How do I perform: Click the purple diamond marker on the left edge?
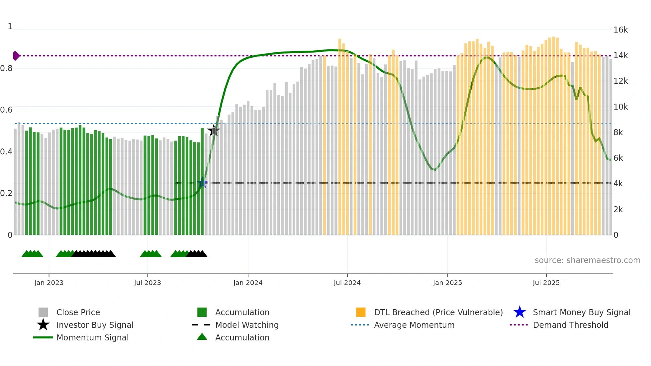click(16, 56)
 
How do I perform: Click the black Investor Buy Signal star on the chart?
click(214, 131)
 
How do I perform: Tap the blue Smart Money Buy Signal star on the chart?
click(202, 183)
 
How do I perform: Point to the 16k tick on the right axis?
click(620, 30)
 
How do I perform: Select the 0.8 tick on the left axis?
click(6, 68)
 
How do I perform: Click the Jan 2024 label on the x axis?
click(248, 283)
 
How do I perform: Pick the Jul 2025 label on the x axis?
click(546, 283)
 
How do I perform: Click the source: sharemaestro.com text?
click(587, 260)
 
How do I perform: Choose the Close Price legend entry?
click(78, 312)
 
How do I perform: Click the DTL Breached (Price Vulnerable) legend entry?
click(438, 312)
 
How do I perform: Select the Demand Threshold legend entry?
click(570, 325)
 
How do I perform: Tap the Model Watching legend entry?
click(247, 325)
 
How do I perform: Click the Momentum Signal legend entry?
click(92, 337)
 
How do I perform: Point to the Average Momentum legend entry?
click(414, 325)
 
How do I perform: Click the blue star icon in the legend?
click(519, 312)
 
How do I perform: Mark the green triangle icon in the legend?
click(202, 337)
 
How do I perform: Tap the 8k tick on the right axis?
click(618, 133)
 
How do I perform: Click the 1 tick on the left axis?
click(10, 27)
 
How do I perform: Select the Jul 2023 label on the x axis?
click(147, 283)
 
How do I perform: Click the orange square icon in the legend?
click(361, 312)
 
